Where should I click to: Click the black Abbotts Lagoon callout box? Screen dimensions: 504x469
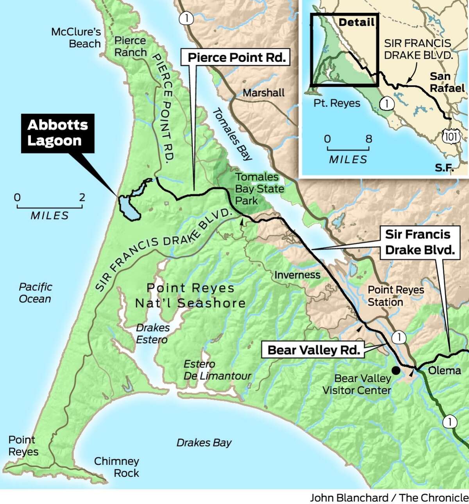[x=57, y=133]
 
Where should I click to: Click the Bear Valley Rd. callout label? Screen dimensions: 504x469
[x=313, y=350]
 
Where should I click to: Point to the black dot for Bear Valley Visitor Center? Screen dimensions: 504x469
[x=396, y=370]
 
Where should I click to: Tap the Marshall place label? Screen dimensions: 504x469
[x=263, y=93]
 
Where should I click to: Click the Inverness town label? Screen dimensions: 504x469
[x=297, y=275]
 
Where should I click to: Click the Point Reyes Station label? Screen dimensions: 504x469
[x=396, y=296]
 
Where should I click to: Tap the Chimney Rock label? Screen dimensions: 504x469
[x=116, y=467]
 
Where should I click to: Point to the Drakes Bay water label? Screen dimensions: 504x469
[x=204, y=443]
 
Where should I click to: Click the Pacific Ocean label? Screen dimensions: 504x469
[x=35, y=293]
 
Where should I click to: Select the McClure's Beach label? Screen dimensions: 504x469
[x=77, y=38]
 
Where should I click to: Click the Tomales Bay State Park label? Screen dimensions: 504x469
[x=259, y=189]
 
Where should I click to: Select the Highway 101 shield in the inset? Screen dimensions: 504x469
[x=455, y=136]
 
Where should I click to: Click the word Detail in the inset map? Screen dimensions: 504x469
[x=356, y=22]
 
